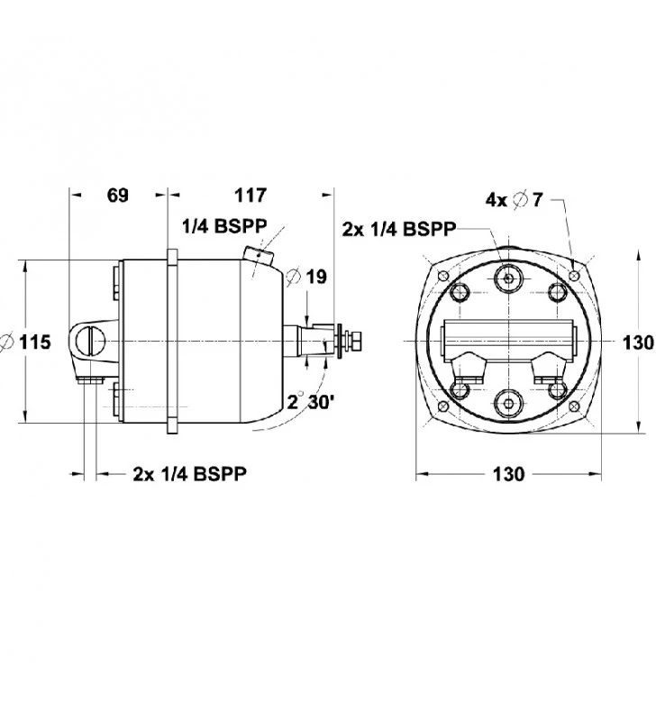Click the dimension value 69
point(118,195)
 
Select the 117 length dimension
point(250,195)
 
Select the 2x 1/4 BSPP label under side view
point(190,472)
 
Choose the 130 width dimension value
point(509,474)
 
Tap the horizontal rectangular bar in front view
point(509,342)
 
